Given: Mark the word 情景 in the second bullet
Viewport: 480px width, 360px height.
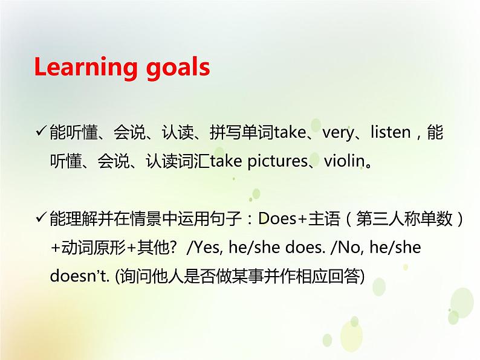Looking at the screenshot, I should tap(116, 219).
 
